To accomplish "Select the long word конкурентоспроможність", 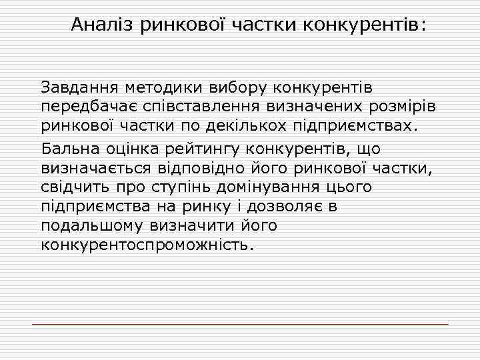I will tap(147, 245).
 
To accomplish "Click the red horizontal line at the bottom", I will tap(240, 324).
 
